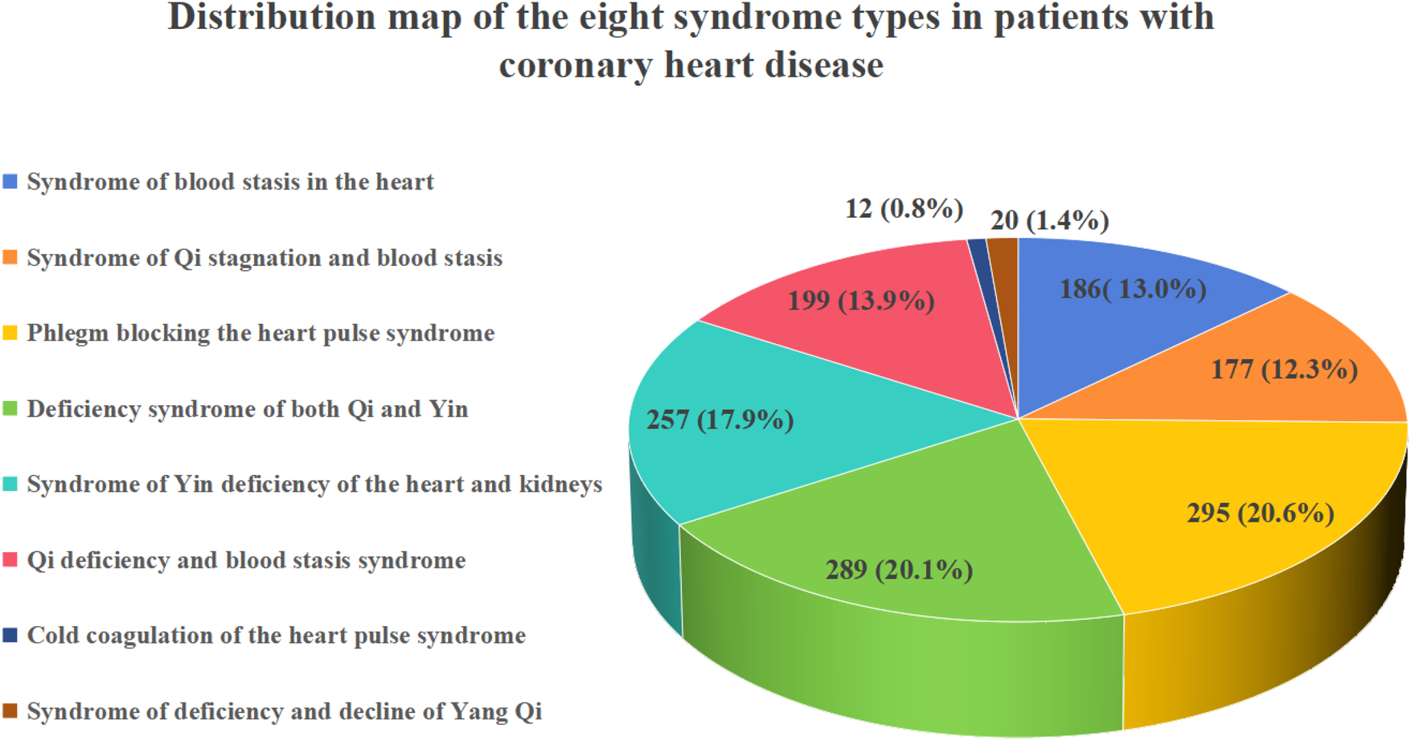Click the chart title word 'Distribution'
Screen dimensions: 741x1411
[x=271, y=18]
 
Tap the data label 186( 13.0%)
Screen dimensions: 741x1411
[x=1133, y=289]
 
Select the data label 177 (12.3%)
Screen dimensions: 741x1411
[x=1284, y=370]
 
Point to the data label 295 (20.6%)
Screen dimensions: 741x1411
[x=1260, y=513]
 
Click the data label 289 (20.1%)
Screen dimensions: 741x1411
[x=899, y=571]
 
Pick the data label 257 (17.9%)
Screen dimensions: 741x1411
[x=720, y=420]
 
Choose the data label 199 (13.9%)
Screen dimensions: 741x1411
[x=860, y=301]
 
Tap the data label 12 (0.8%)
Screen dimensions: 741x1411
[x=904, y=209]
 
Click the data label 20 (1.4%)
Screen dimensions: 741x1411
[x=1049, y=220]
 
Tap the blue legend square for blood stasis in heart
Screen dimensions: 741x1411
[x=10, y=182]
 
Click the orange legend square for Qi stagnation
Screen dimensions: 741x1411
[x=10, y=258]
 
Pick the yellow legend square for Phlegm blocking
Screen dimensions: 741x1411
[x=10, y=334]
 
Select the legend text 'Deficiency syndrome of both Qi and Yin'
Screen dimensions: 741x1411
[x=248, y=409]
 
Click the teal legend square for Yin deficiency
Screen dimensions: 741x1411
[x=10, y=485]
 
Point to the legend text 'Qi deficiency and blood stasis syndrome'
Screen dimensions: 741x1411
[x=246, y=560]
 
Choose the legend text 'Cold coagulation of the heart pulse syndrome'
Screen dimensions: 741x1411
[x=276, y=636]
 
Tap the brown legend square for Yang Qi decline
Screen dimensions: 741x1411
[x=10, y=711]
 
